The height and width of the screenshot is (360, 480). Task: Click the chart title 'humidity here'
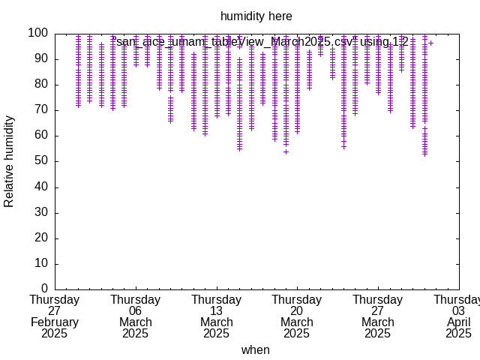click(256, 16)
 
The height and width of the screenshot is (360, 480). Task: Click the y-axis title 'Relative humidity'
click(10, 161)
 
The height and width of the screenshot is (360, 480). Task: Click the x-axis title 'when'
click(256, 349)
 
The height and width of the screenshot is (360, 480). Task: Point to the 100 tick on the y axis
click(38, 33)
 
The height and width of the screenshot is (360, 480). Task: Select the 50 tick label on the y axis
click(41, 161)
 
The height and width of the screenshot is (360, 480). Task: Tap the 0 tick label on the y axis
click(44, 289)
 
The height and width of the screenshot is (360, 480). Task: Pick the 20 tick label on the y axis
click(41, 238)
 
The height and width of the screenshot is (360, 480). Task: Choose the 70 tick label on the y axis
click(41, 110)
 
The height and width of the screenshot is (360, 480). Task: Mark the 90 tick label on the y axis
click(41, 58)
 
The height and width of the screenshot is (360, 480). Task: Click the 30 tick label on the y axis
click(41, 212)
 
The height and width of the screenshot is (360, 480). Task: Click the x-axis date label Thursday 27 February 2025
click(55, 316)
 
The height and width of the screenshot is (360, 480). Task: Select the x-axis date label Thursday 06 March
click(136, 316)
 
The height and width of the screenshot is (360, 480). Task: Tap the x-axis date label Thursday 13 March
click(216, 316)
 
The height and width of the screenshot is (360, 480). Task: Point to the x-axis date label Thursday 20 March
click(297, 316)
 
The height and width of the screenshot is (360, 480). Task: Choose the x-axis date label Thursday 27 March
click(378, 316)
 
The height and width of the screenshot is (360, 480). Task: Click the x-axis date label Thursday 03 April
click(458, 316)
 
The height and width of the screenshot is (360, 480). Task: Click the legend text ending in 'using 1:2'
click(262, 42)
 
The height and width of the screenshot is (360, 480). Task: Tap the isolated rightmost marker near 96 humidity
click(430, 43)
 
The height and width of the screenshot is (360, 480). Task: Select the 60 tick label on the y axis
click(41, 136)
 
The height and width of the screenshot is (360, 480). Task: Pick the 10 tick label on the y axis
click(41, 263)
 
